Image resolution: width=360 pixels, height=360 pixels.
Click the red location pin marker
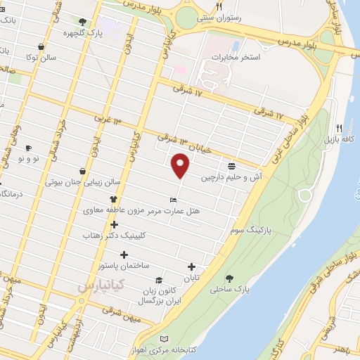pyautogui.click(x=181, y=165)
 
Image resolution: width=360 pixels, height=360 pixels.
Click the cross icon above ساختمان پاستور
pyautogui.click(x=124, y=255)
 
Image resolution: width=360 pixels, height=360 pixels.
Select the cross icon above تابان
pyautogui.click(x=191, y=266)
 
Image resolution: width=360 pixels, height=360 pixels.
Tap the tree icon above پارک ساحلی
pyautogui.click(x=229, y=278)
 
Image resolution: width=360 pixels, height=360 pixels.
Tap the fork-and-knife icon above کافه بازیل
pyautogui.click(x=339, y=128)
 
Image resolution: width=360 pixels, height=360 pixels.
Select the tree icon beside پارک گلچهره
pyautogui.click(x=84, y=22)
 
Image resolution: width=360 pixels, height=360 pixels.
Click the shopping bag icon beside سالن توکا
pyautogui.click(x=41, y=46)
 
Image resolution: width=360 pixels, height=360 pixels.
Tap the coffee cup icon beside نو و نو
pyautogui.click(x=29, y=148)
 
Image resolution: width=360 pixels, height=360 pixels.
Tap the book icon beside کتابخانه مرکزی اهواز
pyautogui.click(x=165, y=338)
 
